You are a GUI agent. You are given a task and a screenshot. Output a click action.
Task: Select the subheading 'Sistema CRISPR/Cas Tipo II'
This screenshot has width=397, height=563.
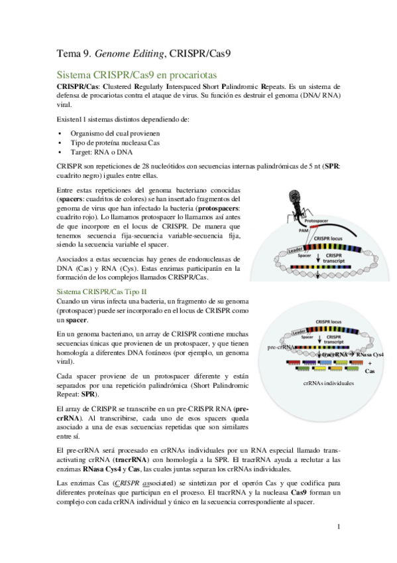pos(102,291)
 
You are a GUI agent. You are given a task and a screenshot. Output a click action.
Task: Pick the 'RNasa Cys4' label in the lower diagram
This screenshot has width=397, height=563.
pos(370,355)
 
